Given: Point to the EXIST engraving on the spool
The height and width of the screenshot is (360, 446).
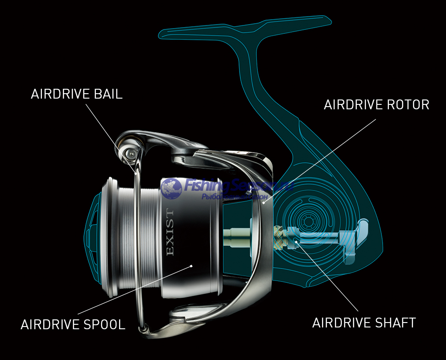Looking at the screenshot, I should pos(170,232).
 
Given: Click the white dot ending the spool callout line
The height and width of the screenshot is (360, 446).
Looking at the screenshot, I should pos(191,266).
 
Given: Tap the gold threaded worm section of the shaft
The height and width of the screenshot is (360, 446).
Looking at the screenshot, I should pos(279,236).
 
